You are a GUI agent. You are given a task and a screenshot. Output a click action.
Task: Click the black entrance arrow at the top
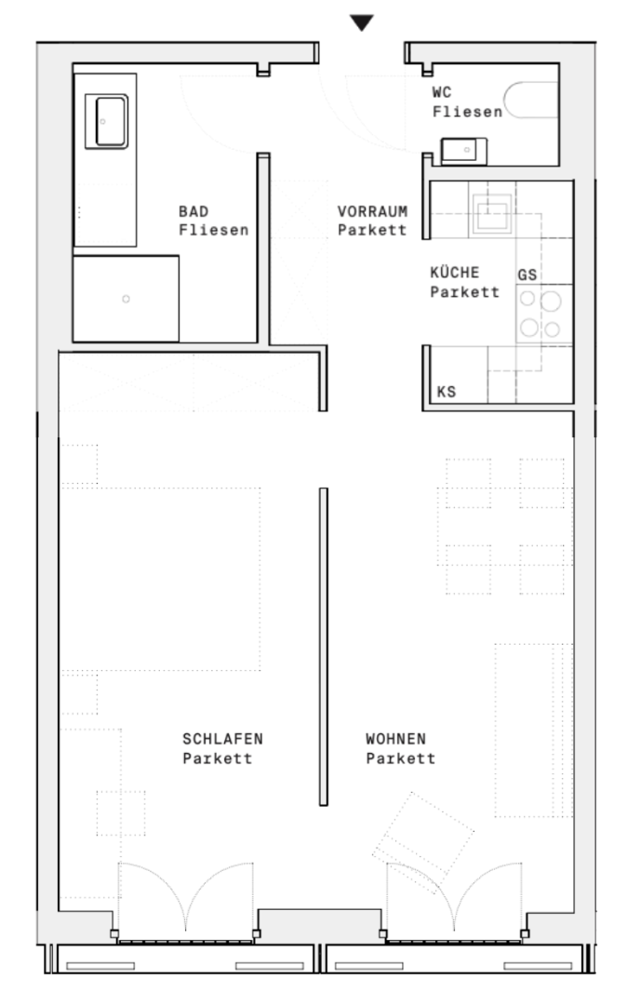(361, 22)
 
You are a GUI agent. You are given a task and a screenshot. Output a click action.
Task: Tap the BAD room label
(193, 211)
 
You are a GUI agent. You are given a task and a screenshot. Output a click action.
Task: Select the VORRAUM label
(373, 211)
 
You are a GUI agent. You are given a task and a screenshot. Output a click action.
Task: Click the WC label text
(442, 92)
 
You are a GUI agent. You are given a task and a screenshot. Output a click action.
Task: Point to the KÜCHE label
(455, 272)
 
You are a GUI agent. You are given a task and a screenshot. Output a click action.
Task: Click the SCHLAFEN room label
(223, 738)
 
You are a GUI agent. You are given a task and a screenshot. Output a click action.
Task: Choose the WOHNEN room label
(395, 738)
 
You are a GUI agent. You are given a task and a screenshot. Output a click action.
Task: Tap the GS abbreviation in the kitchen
(527, 275)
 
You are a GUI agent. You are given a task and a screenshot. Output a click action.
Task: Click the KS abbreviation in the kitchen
(447, 392)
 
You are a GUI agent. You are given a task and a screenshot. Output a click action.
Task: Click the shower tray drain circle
(127, 299)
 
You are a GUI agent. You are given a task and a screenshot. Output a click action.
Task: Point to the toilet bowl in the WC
(531, 100)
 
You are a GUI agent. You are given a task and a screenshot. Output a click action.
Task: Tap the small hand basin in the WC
(463, 151)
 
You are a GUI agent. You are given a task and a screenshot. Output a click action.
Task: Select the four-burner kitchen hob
(540, 315)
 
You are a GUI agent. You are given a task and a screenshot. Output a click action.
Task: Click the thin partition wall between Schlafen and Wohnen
(324, 646)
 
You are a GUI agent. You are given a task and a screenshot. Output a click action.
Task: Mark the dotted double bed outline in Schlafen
(160, 579)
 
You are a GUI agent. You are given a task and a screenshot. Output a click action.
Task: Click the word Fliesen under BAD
(213, 230)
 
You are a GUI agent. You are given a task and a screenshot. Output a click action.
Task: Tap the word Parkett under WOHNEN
(400, 758)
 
